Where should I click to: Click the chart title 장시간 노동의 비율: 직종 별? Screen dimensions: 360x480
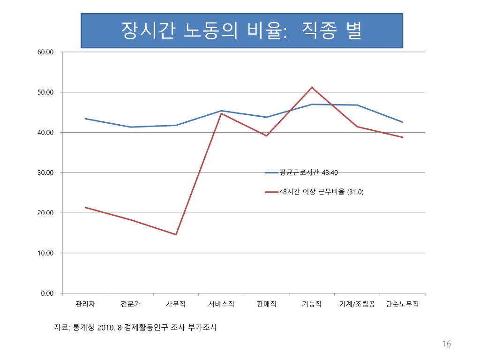tap(241, 30)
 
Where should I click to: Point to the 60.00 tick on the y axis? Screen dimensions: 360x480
tap(46, 52)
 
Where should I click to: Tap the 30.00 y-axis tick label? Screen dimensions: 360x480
tap(46, 172)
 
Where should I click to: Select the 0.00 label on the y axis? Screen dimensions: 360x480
tap(48, 293)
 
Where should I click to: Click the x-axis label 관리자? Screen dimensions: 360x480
tap(85, 304)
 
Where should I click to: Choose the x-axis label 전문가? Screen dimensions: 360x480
tap(130, 304)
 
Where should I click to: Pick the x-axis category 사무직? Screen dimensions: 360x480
tap(176, 304)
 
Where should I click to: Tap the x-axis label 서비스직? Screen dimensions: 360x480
tap(221, 304)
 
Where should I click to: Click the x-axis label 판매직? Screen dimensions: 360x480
tap(266, 304)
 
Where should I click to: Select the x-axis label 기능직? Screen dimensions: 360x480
tap(312, 304)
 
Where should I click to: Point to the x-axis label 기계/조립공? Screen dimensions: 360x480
tap(357, 304)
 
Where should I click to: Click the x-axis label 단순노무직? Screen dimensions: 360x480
tap(402, 304)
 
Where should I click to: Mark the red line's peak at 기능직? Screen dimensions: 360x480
tap(312, 88)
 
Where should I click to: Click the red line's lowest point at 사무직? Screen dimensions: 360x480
tap(176, 234)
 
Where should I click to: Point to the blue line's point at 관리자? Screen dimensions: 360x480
tap(85, 119)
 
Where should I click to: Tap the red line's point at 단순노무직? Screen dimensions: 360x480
tap(402, 137)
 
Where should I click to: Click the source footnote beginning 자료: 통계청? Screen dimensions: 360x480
tap(136, 327)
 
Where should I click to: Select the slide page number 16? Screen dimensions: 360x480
tap(446, 344)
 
